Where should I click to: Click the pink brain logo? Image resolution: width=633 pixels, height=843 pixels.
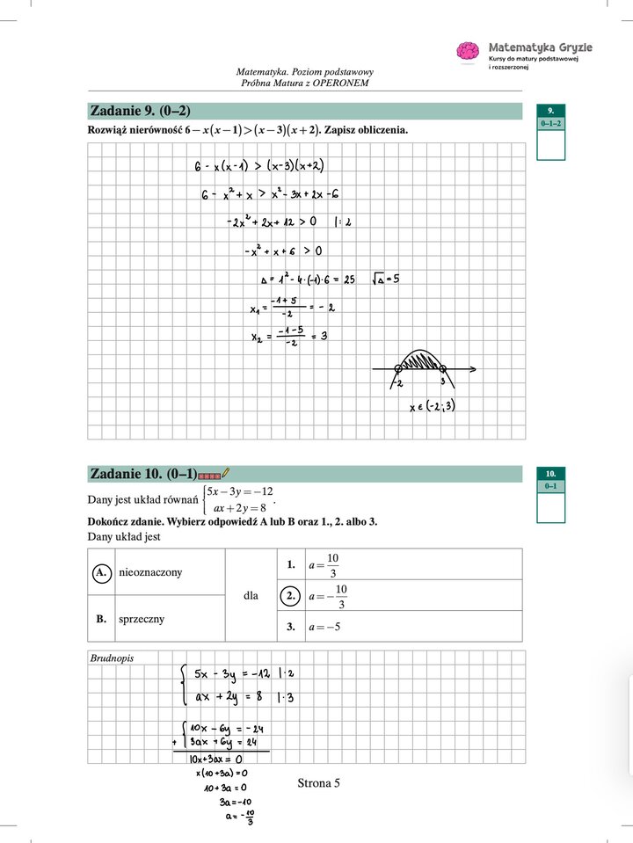tap(467, 51)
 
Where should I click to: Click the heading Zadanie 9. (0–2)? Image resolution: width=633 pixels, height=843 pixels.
tap(140, 111)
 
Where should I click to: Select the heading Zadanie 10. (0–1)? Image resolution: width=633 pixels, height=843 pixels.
tap(142, 474)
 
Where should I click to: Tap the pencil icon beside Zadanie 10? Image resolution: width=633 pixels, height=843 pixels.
tap(226, 474)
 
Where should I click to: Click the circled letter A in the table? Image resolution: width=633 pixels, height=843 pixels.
tap(102, 572)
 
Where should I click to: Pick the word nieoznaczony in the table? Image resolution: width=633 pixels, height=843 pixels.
tap(150, 572)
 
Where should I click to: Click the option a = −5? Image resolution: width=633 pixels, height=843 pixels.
tap(324, 628)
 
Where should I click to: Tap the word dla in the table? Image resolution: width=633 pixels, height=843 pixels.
tap(251, 595)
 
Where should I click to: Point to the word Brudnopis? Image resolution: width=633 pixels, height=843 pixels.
tap(112, 658)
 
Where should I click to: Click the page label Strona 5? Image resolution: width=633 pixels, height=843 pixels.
tap(318, 783)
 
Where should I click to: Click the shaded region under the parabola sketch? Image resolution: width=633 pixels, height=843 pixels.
tap(420, 361)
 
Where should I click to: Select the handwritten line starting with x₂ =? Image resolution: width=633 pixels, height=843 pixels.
tap(287, 336)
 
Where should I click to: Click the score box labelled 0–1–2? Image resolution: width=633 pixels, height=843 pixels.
tap(550, 124)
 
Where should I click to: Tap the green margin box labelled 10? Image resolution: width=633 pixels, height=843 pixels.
tap(550, 473)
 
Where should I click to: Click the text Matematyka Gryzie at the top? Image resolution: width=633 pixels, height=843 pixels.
tap(540, 47)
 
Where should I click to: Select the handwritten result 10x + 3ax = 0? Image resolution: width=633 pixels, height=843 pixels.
tap(209, 758)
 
